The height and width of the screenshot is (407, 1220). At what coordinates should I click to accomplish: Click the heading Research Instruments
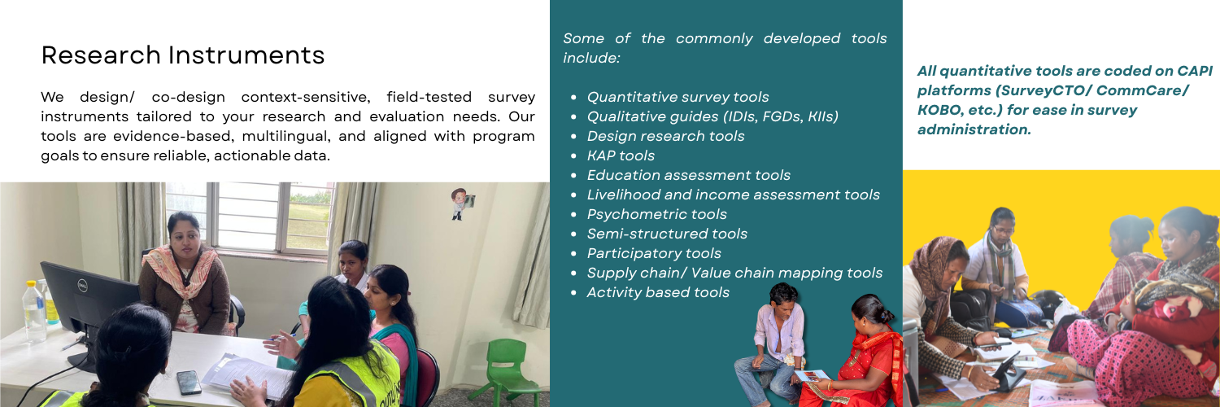[183, 55]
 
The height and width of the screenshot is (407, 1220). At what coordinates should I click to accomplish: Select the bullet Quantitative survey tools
[678, 97]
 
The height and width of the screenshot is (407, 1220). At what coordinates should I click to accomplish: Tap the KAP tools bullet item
[621, 155]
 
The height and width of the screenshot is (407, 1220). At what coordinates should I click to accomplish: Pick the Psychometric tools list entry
[656, 214]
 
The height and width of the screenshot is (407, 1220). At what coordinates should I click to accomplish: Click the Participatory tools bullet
[654, 253]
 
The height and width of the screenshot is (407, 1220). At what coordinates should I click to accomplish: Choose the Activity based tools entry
[658, 292]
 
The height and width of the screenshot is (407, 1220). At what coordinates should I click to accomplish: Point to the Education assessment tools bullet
[688, 175]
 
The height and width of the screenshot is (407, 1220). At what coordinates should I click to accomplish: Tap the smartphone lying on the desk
[189, 381]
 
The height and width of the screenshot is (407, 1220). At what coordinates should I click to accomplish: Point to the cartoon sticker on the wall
[462, 203]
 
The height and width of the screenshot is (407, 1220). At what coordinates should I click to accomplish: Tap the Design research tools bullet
[665, 136]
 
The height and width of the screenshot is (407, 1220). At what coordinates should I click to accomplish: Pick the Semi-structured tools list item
[667, 234]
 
